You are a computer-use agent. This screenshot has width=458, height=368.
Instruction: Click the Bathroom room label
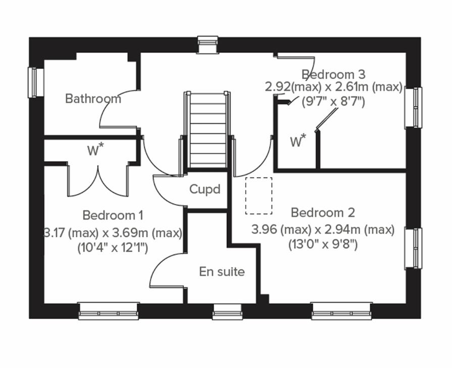pyautogui.click(x=93, y=99)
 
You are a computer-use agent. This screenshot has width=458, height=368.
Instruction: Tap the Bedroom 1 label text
pyautogui.click(x=113, y=215)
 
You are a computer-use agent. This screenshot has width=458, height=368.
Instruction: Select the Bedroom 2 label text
pyautogui.click(x=323, y=212)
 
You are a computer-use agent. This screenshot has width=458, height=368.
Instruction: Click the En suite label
pyautogui.click(x=222, y=272)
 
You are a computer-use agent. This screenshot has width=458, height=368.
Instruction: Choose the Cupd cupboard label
pyautogui.click(x=205, y=190)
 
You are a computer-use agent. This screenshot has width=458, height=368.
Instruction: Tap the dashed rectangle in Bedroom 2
pyautogui.click(x=259, y=196)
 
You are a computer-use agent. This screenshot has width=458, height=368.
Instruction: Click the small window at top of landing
pyautogui.click(x=208, y=44)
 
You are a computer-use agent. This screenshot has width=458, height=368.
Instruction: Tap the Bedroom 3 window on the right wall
pyautogui.click(x=413, y=108)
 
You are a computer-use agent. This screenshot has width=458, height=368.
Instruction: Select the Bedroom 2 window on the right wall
pyautogui.click(x=413, y=248)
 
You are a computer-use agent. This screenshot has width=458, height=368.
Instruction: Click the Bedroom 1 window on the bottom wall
pyautogui.click(x=109, y=311)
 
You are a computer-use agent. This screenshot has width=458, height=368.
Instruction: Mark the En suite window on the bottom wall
pyautogui.click(x=227, y=312)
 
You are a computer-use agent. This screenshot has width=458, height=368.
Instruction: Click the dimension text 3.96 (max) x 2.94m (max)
pyautogui.click(x=323, y=230)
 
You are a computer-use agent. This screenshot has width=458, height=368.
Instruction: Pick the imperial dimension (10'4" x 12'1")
pyautogui.click(x=113, y=248)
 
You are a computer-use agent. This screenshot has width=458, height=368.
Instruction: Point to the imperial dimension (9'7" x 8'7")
pyautogui.click(x=333, y=101)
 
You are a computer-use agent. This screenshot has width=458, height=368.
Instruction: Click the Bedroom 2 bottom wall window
pyautogui.click(x=342, y=311)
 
